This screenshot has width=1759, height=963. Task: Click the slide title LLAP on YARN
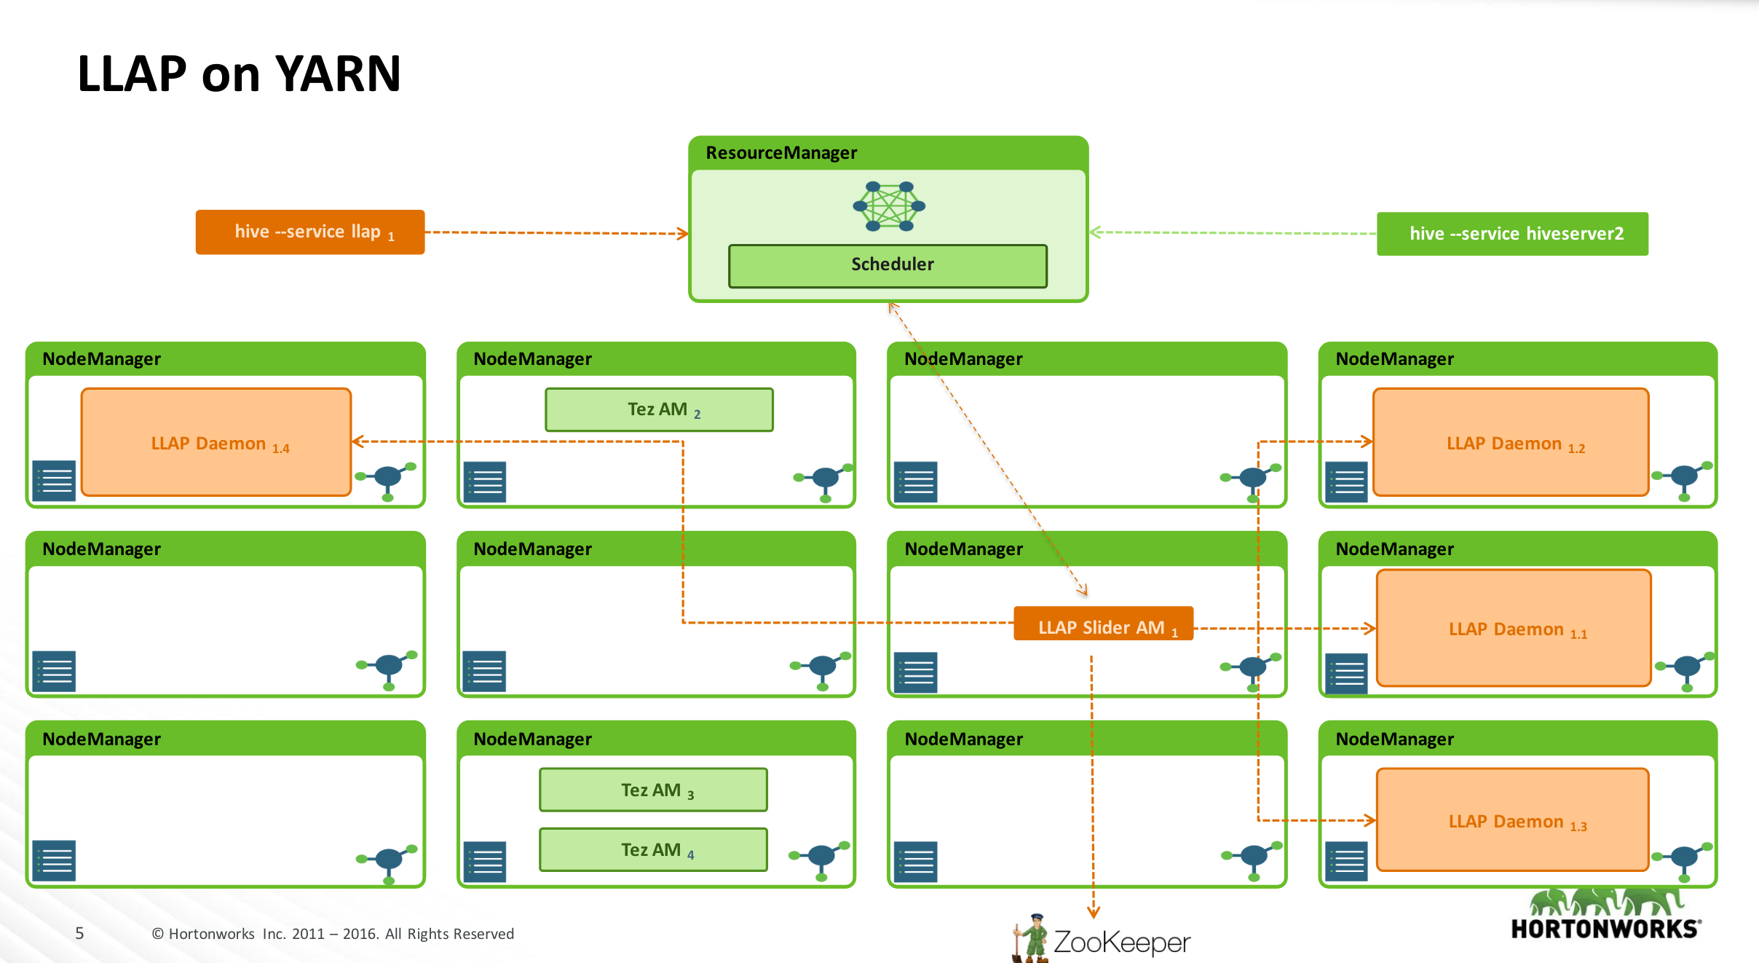(239, 74)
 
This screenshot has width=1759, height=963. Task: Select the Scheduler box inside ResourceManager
(888, 265)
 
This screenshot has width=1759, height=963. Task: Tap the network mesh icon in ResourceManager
(889, 206)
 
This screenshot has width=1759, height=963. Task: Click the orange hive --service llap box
(309, 232)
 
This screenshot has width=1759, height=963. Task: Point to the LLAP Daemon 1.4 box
(216, 442)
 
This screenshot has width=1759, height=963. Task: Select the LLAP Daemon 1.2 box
(1510, 442)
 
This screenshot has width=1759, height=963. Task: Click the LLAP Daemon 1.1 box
(1513, 628)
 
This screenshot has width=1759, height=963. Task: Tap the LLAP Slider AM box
(1102, 624)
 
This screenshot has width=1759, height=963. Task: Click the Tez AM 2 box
(659, 409)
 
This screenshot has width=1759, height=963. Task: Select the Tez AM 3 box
(653, 790)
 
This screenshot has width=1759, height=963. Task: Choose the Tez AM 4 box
(653, 850)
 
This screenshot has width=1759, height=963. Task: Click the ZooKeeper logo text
(1121, 942)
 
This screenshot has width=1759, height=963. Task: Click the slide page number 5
(79, 933)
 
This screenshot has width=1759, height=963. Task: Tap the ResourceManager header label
(781, 153)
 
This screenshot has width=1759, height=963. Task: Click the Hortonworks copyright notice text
(333, 934)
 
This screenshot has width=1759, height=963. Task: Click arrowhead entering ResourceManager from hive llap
(683, 234)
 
